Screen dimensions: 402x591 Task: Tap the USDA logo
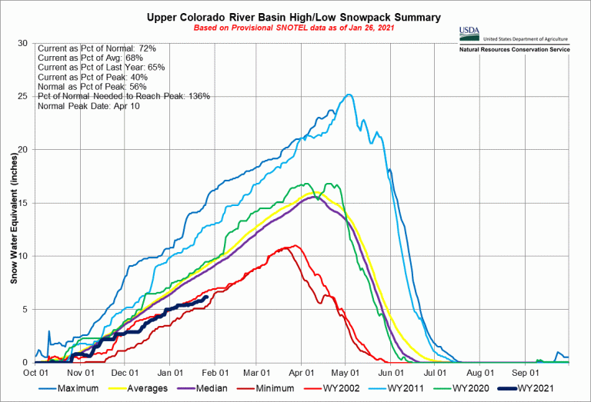point(469,32)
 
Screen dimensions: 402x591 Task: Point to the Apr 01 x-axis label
point(301,372)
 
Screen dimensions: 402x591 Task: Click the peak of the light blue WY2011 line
point(349,95)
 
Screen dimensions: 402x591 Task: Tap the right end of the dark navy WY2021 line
point(206,297)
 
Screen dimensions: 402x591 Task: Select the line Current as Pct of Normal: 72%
point(96,48)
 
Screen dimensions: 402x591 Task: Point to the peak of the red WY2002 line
point(293,245)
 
